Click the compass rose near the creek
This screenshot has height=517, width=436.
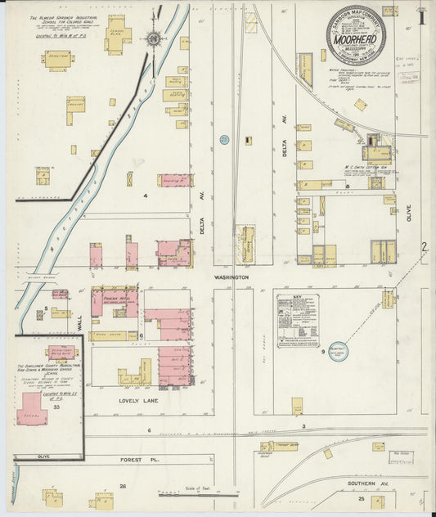153,38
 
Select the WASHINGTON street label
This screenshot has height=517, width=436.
231,277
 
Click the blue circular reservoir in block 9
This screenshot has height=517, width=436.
338,349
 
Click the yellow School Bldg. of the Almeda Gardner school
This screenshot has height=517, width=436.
117,34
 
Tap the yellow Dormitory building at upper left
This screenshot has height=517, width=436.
57,60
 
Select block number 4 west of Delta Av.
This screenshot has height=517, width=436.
145,196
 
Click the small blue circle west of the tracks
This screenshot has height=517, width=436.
222,141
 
